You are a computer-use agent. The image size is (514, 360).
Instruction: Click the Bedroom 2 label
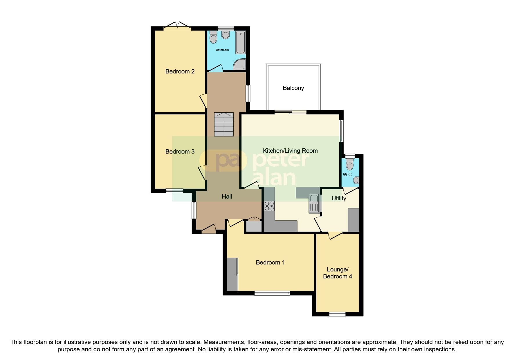[x=180, y=71]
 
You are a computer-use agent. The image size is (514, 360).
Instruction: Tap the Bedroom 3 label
[x=180, y=152]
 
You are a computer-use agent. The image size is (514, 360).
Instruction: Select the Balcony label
[x=293, y=88]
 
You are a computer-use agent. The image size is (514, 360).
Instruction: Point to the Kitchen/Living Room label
[x=290, y=151]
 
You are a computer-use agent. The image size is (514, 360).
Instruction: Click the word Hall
[x=227, y=197]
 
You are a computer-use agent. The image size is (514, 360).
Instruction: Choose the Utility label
[x=339, y=198]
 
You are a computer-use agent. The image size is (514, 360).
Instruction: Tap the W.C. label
[x=347, y=175]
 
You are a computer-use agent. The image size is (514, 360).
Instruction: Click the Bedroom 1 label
[x=270, y=262]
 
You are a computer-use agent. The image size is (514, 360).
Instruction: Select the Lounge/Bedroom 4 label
[x=337, y=273]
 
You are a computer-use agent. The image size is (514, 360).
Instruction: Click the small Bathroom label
[x=222, y=50]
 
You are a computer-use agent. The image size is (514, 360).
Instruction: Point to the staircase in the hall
[x=224, y=124]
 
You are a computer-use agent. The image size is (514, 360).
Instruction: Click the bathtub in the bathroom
[x=240, y=43]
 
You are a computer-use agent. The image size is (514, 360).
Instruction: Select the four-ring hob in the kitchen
[x=269, y=206]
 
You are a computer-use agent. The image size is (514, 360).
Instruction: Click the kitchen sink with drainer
[x=314, y=203]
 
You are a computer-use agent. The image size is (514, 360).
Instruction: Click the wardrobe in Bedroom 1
[x=232, y=274]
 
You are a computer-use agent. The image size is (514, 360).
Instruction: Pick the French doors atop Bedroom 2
[x=177, y=27]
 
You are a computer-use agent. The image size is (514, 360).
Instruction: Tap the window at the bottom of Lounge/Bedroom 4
[x=337, y=314]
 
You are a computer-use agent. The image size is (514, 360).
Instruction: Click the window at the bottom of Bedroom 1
[x=272, y=293]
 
